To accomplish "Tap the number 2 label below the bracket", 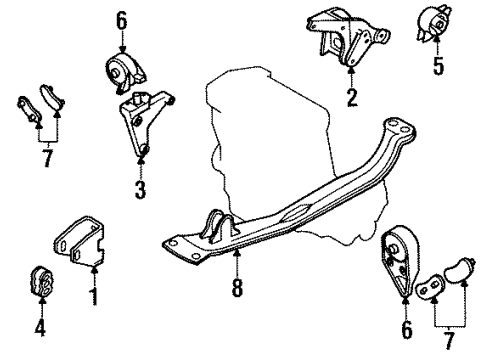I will click(352, 98).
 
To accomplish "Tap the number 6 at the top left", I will click(122, 19).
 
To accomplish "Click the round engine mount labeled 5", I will click(437, 25).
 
